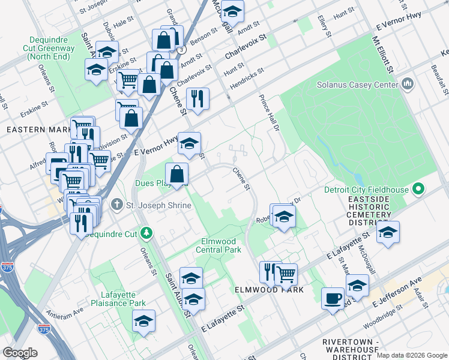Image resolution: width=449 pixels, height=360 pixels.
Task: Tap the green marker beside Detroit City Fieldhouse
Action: pos(419,190)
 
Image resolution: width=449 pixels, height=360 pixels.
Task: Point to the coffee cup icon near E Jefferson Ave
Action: pos(333,298)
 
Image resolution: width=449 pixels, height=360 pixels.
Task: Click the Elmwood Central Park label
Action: pos(221,245)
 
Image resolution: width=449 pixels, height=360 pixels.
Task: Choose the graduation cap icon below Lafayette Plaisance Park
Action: pos(143,322)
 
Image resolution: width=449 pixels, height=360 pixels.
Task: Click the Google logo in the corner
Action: pos(20,353)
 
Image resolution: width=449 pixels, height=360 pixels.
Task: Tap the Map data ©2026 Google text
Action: pos(411,355)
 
